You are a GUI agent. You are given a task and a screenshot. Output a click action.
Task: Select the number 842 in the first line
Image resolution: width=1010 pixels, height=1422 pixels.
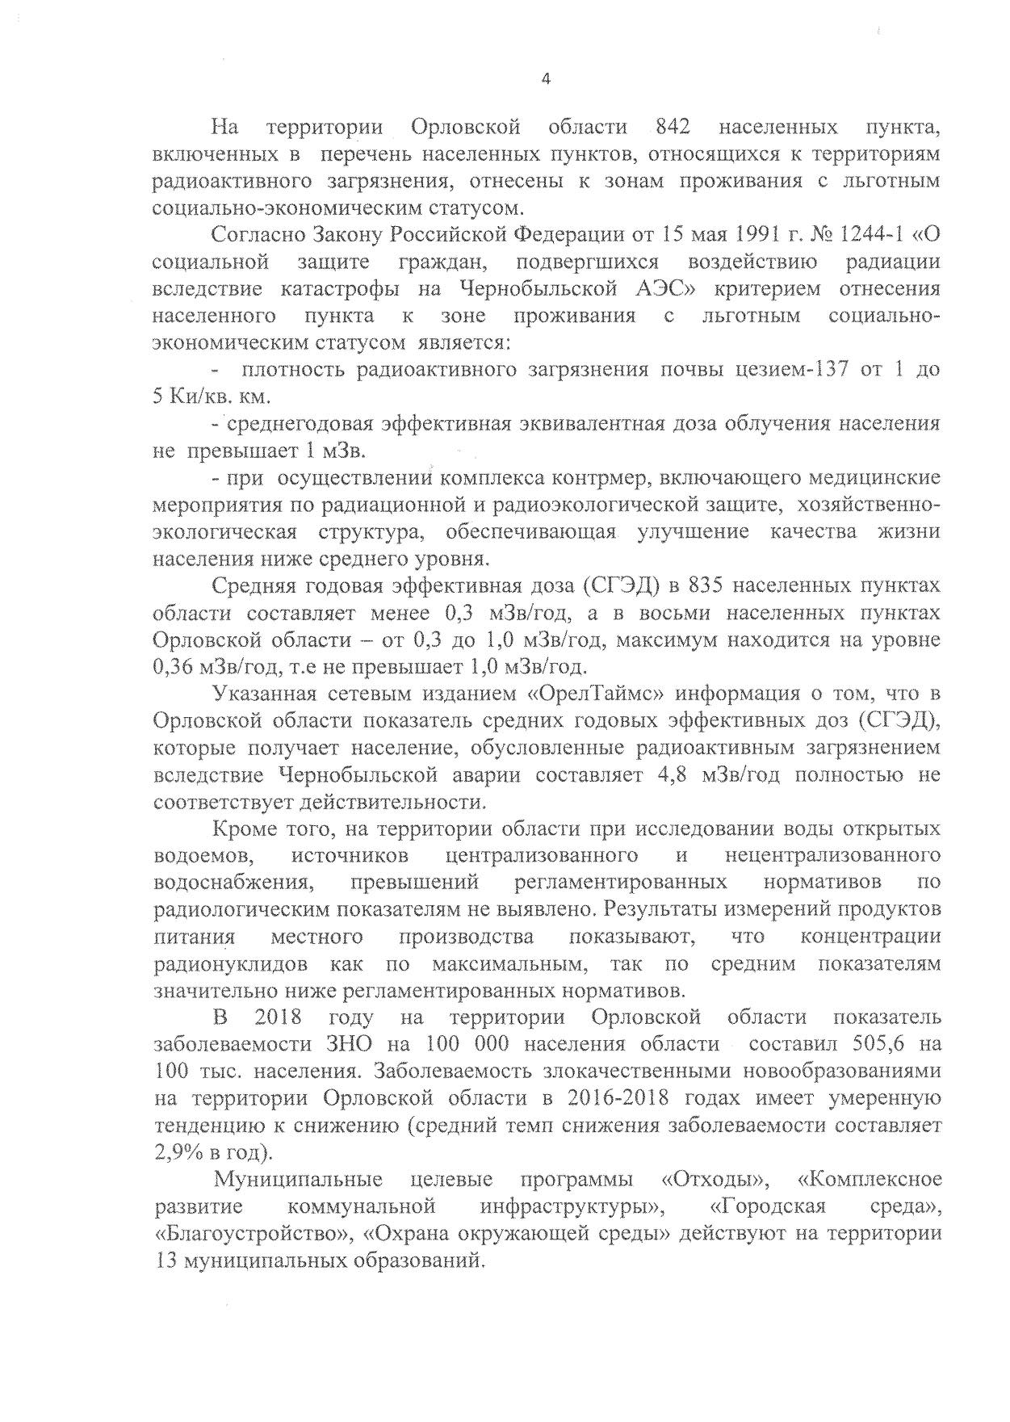coord(673,127)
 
